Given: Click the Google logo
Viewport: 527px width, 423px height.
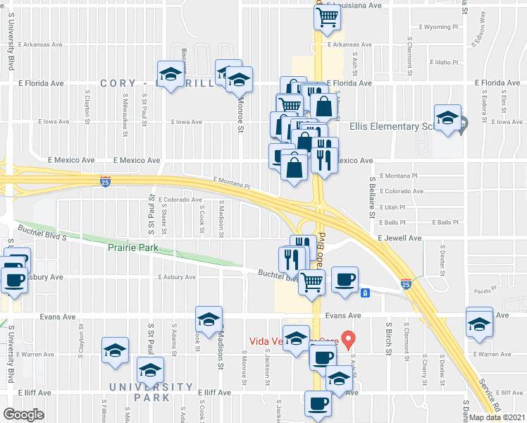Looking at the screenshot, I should click(x=23, y=415).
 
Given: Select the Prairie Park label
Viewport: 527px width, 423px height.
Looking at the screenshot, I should click(x=132, y=247).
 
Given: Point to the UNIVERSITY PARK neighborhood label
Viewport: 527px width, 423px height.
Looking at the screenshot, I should click(x=151, y=392).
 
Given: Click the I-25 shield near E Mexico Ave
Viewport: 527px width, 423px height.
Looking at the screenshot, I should click(x=105, y=182).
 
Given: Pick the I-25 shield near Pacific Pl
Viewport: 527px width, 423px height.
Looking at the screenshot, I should click(x=406, y=284).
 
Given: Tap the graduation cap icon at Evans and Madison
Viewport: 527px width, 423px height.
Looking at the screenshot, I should click(x=209, y=321).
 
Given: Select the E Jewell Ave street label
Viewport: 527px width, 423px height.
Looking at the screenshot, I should click(x=399, y=239).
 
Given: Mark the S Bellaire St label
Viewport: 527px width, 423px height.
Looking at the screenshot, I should click(x=371, y=197).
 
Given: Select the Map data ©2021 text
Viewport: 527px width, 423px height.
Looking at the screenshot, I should click(x=497, y=417).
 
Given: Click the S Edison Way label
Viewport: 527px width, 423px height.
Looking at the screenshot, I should click(x=483, y=30).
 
